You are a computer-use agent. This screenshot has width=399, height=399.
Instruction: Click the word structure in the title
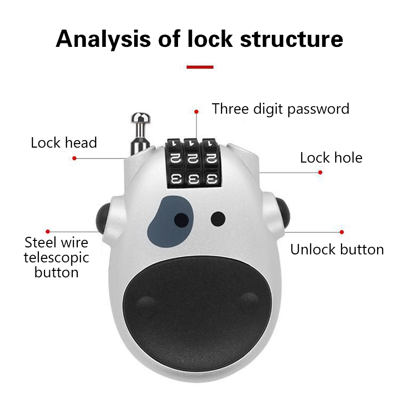click(291, 39)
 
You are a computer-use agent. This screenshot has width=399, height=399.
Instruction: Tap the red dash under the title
click(199, 67)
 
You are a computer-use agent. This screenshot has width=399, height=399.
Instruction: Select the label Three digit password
click(280, 109)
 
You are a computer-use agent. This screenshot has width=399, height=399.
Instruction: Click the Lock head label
click(64, 143)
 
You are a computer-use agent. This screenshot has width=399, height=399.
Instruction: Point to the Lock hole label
click(331, 158)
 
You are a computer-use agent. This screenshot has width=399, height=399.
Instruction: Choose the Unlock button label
click(337, 249)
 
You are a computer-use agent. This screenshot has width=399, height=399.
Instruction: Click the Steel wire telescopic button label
click(56, 257)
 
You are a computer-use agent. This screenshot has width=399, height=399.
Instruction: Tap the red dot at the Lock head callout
click(74, 158)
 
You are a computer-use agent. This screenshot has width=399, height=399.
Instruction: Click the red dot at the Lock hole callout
click(320, 172)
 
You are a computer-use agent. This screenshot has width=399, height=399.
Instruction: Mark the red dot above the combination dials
click(197, 112)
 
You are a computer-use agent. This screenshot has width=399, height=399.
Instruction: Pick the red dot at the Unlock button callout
click(342, 232)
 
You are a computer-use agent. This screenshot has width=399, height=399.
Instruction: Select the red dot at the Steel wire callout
click(48, 231)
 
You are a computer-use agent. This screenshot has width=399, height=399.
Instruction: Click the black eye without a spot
click(217, 218)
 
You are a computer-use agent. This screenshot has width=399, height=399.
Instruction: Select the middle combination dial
click(193, 162)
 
